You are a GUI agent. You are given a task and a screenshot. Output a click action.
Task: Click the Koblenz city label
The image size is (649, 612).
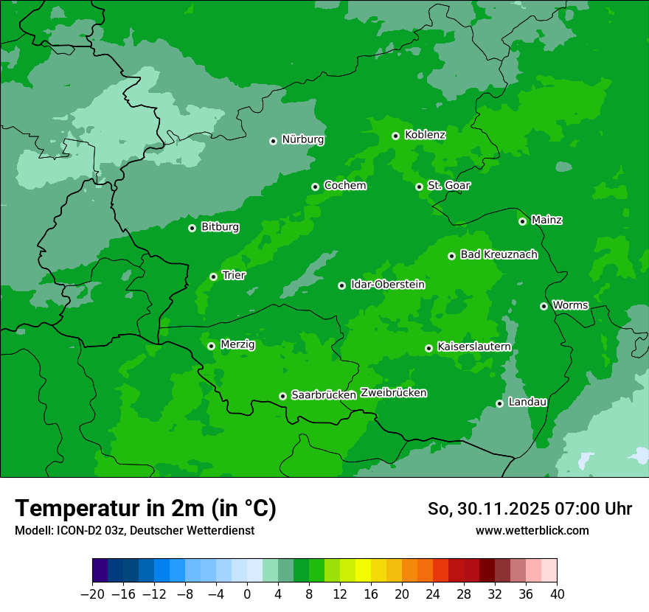tap(425, 135)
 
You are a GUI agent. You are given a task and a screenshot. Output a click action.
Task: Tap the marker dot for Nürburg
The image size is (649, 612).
tap(273, 141)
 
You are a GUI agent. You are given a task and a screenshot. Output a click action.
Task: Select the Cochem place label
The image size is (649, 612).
tap(344, 186)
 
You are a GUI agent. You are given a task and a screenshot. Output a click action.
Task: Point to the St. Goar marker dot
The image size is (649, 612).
tap(419, 187)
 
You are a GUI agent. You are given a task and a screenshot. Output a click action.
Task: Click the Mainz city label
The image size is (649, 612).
tap(546, 220)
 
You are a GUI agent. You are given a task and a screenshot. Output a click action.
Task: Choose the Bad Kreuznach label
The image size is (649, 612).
tap(499, 255)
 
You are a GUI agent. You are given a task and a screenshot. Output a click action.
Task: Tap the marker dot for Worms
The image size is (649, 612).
tap(544, 306)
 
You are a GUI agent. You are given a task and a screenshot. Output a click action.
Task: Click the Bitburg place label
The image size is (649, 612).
tap(220, 227)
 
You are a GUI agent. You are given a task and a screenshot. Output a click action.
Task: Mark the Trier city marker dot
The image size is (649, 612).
tap(213, 277)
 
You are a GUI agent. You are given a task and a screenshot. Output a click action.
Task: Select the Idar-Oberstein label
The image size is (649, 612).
tap(387, 285)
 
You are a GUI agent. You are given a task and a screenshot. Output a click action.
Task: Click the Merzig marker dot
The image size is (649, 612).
tap(211, 346)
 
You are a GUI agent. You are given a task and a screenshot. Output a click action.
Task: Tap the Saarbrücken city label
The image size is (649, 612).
tap(324, 395)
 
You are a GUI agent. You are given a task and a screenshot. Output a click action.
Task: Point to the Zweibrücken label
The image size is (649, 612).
tap(393, 393)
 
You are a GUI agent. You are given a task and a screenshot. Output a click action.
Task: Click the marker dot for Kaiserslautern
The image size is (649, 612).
tap(428, 348)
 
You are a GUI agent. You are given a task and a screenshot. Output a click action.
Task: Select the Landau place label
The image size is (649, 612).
tap(527, 403)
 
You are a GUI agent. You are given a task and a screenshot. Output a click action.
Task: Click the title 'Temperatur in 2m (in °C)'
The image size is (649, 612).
tap(145, 508)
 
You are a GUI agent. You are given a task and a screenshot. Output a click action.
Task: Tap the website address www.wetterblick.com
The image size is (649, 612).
tap(532, 530)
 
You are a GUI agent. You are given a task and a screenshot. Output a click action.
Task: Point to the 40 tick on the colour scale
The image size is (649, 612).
tap(557, 594)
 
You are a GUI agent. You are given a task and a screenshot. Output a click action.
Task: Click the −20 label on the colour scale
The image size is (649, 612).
tap(93, 594)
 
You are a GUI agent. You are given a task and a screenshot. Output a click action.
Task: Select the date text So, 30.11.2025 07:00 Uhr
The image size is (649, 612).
tap(530, 509)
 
